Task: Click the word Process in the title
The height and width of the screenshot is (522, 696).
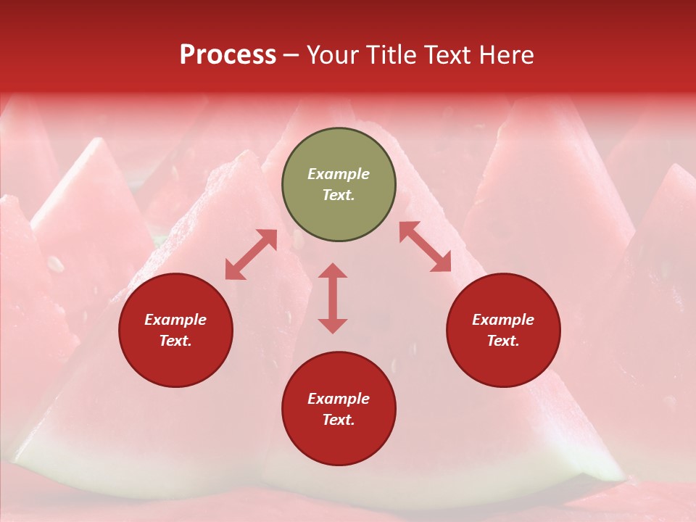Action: [x=228, y=54]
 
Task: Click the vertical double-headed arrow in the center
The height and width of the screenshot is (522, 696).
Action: [x=333, y=298]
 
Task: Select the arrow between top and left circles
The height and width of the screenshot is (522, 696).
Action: [x=251, y=254]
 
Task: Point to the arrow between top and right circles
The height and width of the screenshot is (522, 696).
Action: [x=426, y=247]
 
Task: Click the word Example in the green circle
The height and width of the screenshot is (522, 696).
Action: [x=339, y=174]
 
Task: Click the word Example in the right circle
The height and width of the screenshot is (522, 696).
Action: [x=503, y=320]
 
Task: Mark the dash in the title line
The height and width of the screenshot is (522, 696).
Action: [x=291, y=54]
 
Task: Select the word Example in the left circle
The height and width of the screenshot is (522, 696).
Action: [x=175, y=320]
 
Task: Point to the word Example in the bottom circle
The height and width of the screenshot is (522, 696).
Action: [x=339, y=399]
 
